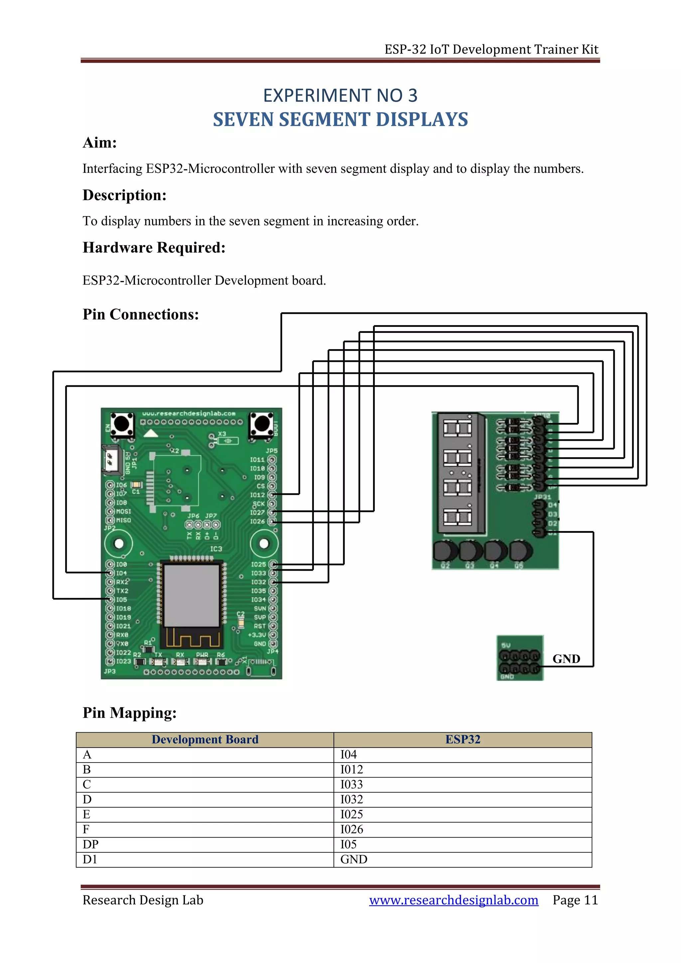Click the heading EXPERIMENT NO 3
pyautogui.click(x=340, y=96)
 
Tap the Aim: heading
pyautogui.click(x=99, y=143)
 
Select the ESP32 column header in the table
pyautogui.click(x=463, y=740)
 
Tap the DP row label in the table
pyautogui.click(x=90, y=844)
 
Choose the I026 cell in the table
pyautogui.click(x=351, y=829)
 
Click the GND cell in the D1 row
pyautogui.click(x=353, y=859)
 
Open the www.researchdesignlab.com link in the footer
pyautogui.click(x=453, y=900)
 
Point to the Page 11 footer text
pyautogui.click(x=575, y=900)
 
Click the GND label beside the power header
pyautogui.click(x=566, y=659)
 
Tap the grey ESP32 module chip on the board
pyautogui.click(x=191, y=596)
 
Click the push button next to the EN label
pyautogui.click(x=122, y=424)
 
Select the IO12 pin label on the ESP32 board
pyautogui.click(x=257, y=495)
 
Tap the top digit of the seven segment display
pyautogui.click(x=457, y=429)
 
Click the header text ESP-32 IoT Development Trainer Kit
pyautogui.click(x=491, y=50)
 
